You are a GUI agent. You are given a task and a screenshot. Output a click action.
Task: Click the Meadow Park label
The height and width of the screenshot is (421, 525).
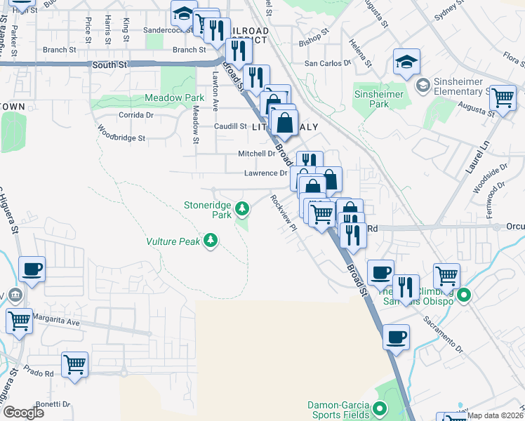(x=174, y=98)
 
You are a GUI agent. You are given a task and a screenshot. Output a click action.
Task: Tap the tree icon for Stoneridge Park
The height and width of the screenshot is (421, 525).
(x=242, y=208)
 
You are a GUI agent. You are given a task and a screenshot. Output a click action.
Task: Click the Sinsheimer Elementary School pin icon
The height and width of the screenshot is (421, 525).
(x=423, y=86)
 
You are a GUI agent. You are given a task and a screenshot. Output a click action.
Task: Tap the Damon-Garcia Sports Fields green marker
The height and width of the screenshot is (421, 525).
(x=380, y=408)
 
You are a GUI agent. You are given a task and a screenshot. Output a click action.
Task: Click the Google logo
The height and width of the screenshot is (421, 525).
(x=23, y=413)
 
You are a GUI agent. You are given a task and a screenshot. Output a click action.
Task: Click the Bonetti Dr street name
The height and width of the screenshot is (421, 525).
(x=52, y=404)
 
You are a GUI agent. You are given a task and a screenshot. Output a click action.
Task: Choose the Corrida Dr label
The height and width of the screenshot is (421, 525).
(x=135, y=114)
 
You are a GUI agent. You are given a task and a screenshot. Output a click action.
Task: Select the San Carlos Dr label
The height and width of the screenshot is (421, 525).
(x=326, y=63)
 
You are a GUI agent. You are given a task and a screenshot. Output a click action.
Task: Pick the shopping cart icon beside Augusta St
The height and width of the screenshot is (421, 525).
(x=503, y=98)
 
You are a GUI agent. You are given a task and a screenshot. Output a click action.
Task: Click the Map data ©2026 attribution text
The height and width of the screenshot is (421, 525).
(x=494, y=415)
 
